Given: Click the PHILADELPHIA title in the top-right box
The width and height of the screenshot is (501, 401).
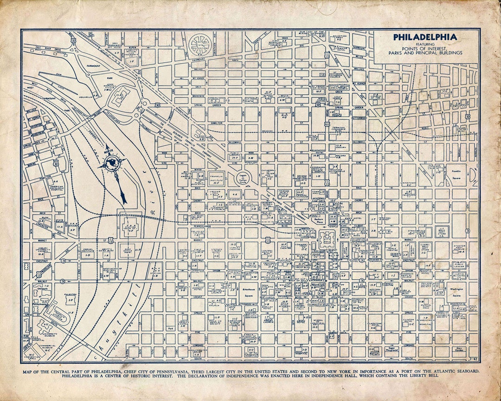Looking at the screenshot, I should coord(425,37).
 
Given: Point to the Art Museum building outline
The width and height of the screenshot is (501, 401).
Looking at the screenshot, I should coord(122,97).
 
